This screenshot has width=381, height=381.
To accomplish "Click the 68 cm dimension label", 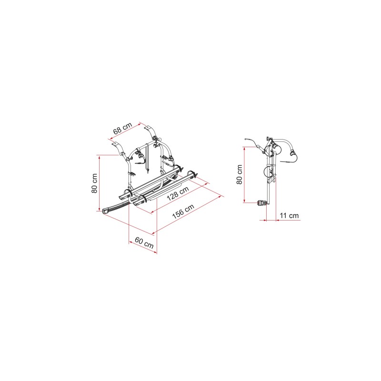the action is pos(123,128).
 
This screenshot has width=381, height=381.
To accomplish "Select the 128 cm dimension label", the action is pos(178,193).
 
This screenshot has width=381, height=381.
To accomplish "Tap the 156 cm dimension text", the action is pos(183,211).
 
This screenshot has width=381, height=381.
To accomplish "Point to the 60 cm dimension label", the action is pos(144,243).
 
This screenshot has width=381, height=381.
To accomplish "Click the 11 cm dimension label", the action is pos(289,215).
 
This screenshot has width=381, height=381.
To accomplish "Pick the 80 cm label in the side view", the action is pos(240,174).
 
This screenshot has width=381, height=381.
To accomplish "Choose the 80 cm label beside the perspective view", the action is pos(94,183).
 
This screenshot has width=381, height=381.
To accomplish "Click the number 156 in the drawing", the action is pos(178,213).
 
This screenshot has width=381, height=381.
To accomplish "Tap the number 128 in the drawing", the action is pos(173,196).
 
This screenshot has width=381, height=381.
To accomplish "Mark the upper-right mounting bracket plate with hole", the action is pos(148,127).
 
